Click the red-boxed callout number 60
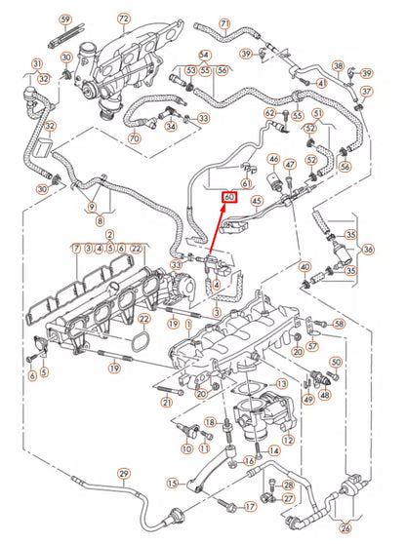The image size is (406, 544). point(229,197)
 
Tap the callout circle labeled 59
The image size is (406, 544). point(65,19)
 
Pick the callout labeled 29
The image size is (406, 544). point(124,474)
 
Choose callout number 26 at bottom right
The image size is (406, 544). point(373,528)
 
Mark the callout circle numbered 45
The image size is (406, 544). point(258,203)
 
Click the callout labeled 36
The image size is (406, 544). point(369,249)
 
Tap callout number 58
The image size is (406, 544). point(339,323)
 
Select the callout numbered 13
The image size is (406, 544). point(282,385)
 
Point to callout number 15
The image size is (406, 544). point(172,482)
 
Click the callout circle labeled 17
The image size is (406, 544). point(250,506)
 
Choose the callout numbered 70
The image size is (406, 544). point(134,139)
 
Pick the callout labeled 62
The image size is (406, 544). point(269,113)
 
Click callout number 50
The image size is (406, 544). point(336,363)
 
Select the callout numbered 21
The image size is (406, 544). point(167,403)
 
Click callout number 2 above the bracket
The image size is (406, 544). point(109,236)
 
